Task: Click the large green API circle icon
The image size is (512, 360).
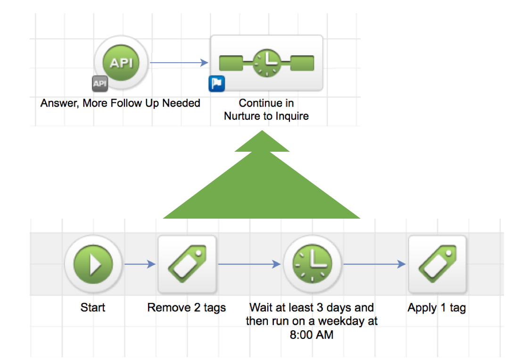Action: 121,62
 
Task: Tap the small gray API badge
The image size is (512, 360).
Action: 99,83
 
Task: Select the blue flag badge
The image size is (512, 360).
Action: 216,83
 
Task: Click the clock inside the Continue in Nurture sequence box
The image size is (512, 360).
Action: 267,63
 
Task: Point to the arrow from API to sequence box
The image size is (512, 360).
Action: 179,62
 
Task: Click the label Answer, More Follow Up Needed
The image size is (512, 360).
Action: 120,103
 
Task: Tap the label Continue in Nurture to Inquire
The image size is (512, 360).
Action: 266,110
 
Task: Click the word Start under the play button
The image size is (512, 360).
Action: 93,307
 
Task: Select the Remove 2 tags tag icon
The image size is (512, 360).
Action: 187,264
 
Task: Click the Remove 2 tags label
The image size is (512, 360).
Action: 186,308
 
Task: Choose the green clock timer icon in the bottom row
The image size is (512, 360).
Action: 312,264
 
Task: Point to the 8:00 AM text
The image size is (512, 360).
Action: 312,335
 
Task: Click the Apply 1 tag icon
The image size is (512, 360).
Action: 437,264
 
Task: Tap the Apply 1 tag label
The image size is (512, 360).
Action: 437,308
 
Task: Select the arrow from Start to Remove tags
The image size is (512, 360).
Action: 140,264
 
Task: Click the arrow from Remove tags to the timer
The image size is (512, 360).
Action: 249,264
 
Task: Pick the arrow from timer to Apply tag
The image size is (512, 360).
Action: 374,264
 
